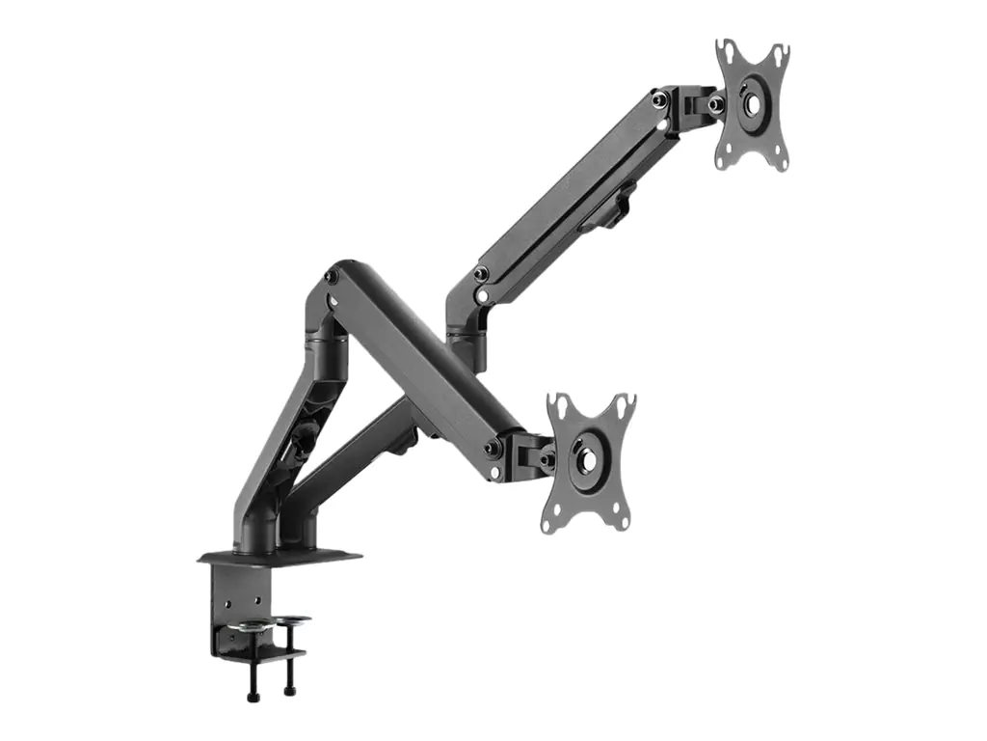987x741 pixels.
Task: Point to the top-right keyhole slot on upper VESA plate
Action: [x=782, y=51]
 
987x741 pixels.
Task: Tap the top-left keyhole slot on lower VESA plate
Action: [x=558, y=404]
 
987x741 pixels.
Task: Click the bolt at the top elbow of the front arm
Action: [x=333, y=277]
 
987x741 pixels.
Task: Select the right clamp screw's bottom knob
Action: [x=288, y=690]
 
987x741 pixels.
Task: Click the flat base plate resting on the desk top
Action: [x=280, y=557]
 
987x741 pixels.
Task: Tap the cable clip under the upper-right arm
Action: [x=612, y=210]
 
